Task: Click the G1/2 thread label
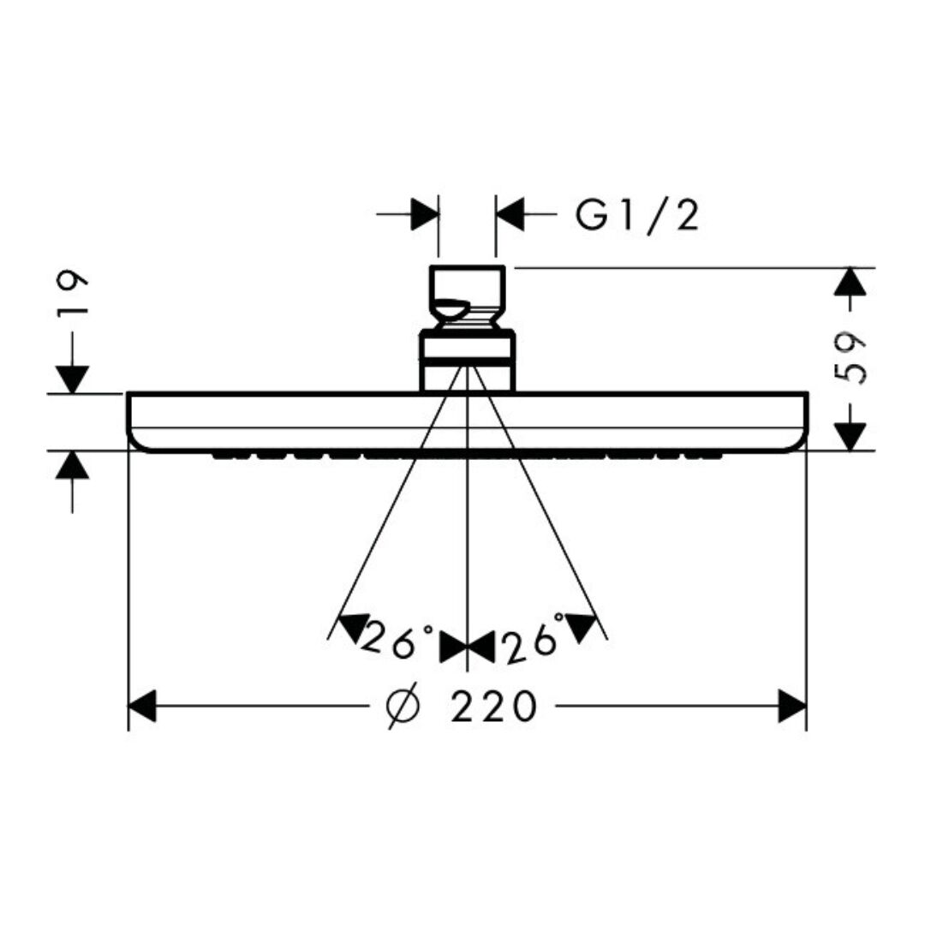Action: pos(637,216)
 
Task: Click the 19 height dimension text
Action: pos(74,294)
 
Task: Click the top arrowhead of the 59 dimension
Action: pos(850,282)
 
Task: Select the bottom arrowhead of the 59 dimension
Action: pos(850,436)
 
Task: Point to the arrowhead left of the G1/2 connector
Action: pos(425,213)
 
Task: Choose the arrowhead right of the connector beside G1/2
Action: pos(510,213)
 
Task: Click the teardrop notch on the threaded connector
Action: pos(451,307)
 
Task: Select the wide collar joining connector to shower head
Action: pos(467,360)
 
